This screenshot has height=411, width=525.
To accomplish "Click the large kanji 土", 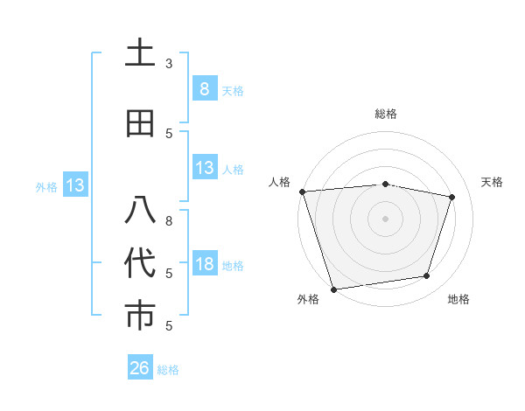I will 140,53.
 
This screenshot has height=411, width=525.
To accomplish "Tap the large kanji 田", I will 140,123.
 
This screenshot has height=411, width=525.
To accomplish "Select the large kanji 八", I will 140,211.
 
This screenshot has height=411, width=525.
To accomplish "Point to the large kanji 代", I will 140,263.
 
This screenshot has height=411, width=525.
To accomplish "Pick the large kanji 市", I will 140,316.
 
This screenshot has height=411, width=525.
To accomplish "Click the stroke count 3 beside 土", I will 169,64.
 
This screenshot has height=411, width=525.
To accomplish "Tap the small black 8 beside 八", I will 169,221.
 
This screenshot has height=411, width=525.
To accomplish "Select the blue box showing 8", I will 204,88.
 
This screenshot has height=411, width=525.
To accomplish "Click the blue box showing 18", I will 204,263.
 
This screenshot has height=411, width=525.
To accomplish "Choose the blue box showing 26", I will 140,368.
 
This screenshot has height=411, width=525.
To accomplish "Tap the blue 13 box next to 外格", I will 74,185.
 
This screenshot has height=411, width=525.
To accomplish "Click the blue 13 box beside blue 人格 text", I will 204,168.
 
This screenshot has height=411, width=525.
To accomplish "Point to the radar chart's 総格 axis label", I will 386,114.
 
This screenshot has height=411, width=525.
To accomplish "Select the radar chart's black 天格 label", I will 493,182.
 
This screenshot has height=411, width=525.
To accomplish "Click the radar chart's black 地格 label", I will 458,299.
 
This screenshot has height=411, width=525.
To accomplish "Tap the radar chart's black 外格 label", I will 308,299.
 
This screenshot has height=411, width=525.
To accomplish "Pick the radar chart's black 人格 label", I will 280,182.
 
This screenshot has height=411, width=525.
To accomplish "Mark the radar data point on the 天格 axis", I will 452,197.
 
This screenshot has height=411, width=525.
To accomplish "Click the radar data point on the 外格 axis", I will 333,289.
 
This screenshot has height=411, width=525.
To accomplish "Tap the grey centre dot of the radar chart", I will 386,218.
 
